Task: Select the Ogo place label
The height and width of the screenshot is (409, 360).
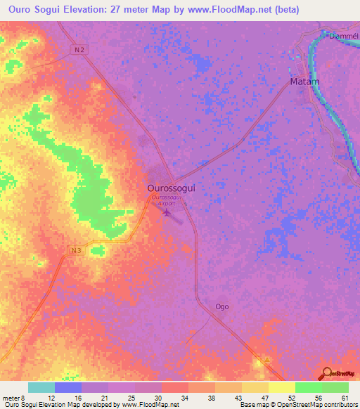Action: (222, 306)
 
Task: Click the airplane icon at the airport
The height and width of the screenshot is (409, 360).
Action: (167, 212)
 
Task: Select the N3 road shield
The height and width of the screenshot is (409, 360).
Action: (76, 250)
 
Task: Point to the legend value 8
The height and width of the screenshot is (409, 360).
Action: (24, 397)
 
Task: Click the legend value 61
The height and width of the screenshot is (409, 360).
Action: (343, 397)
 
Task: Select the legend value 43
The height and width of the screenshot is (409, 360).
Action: (236, 397)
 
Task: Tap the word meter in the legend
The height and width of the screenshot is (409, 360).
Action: (11, 397)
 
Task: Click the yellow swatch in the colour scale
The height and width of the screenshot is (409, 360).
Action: (281, 387)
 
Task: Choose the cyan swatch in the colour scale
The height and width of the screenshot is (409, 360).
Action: (41, 387)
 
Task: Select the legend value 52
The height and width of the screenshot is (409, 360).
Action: (289, 397)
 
